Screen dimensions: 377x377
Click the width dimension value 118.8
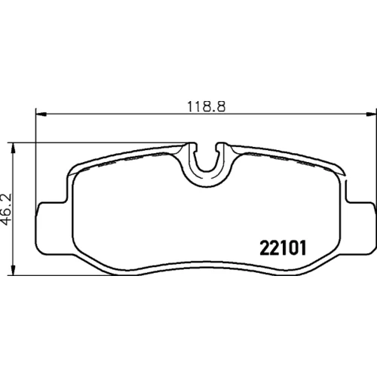[x=207, y=106]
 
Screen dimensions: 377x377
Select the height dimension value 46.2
[x=7, y=210]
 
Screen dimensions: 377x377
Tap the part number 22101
[x=283, y=248]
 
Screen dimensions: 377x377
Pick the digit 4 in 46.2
[x=7, y=222]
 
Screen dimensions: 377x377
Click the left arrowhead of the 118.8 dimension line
[x=41, y=114]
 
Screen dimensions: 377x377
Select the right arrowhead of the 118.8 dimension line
[x=371, y=114]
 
